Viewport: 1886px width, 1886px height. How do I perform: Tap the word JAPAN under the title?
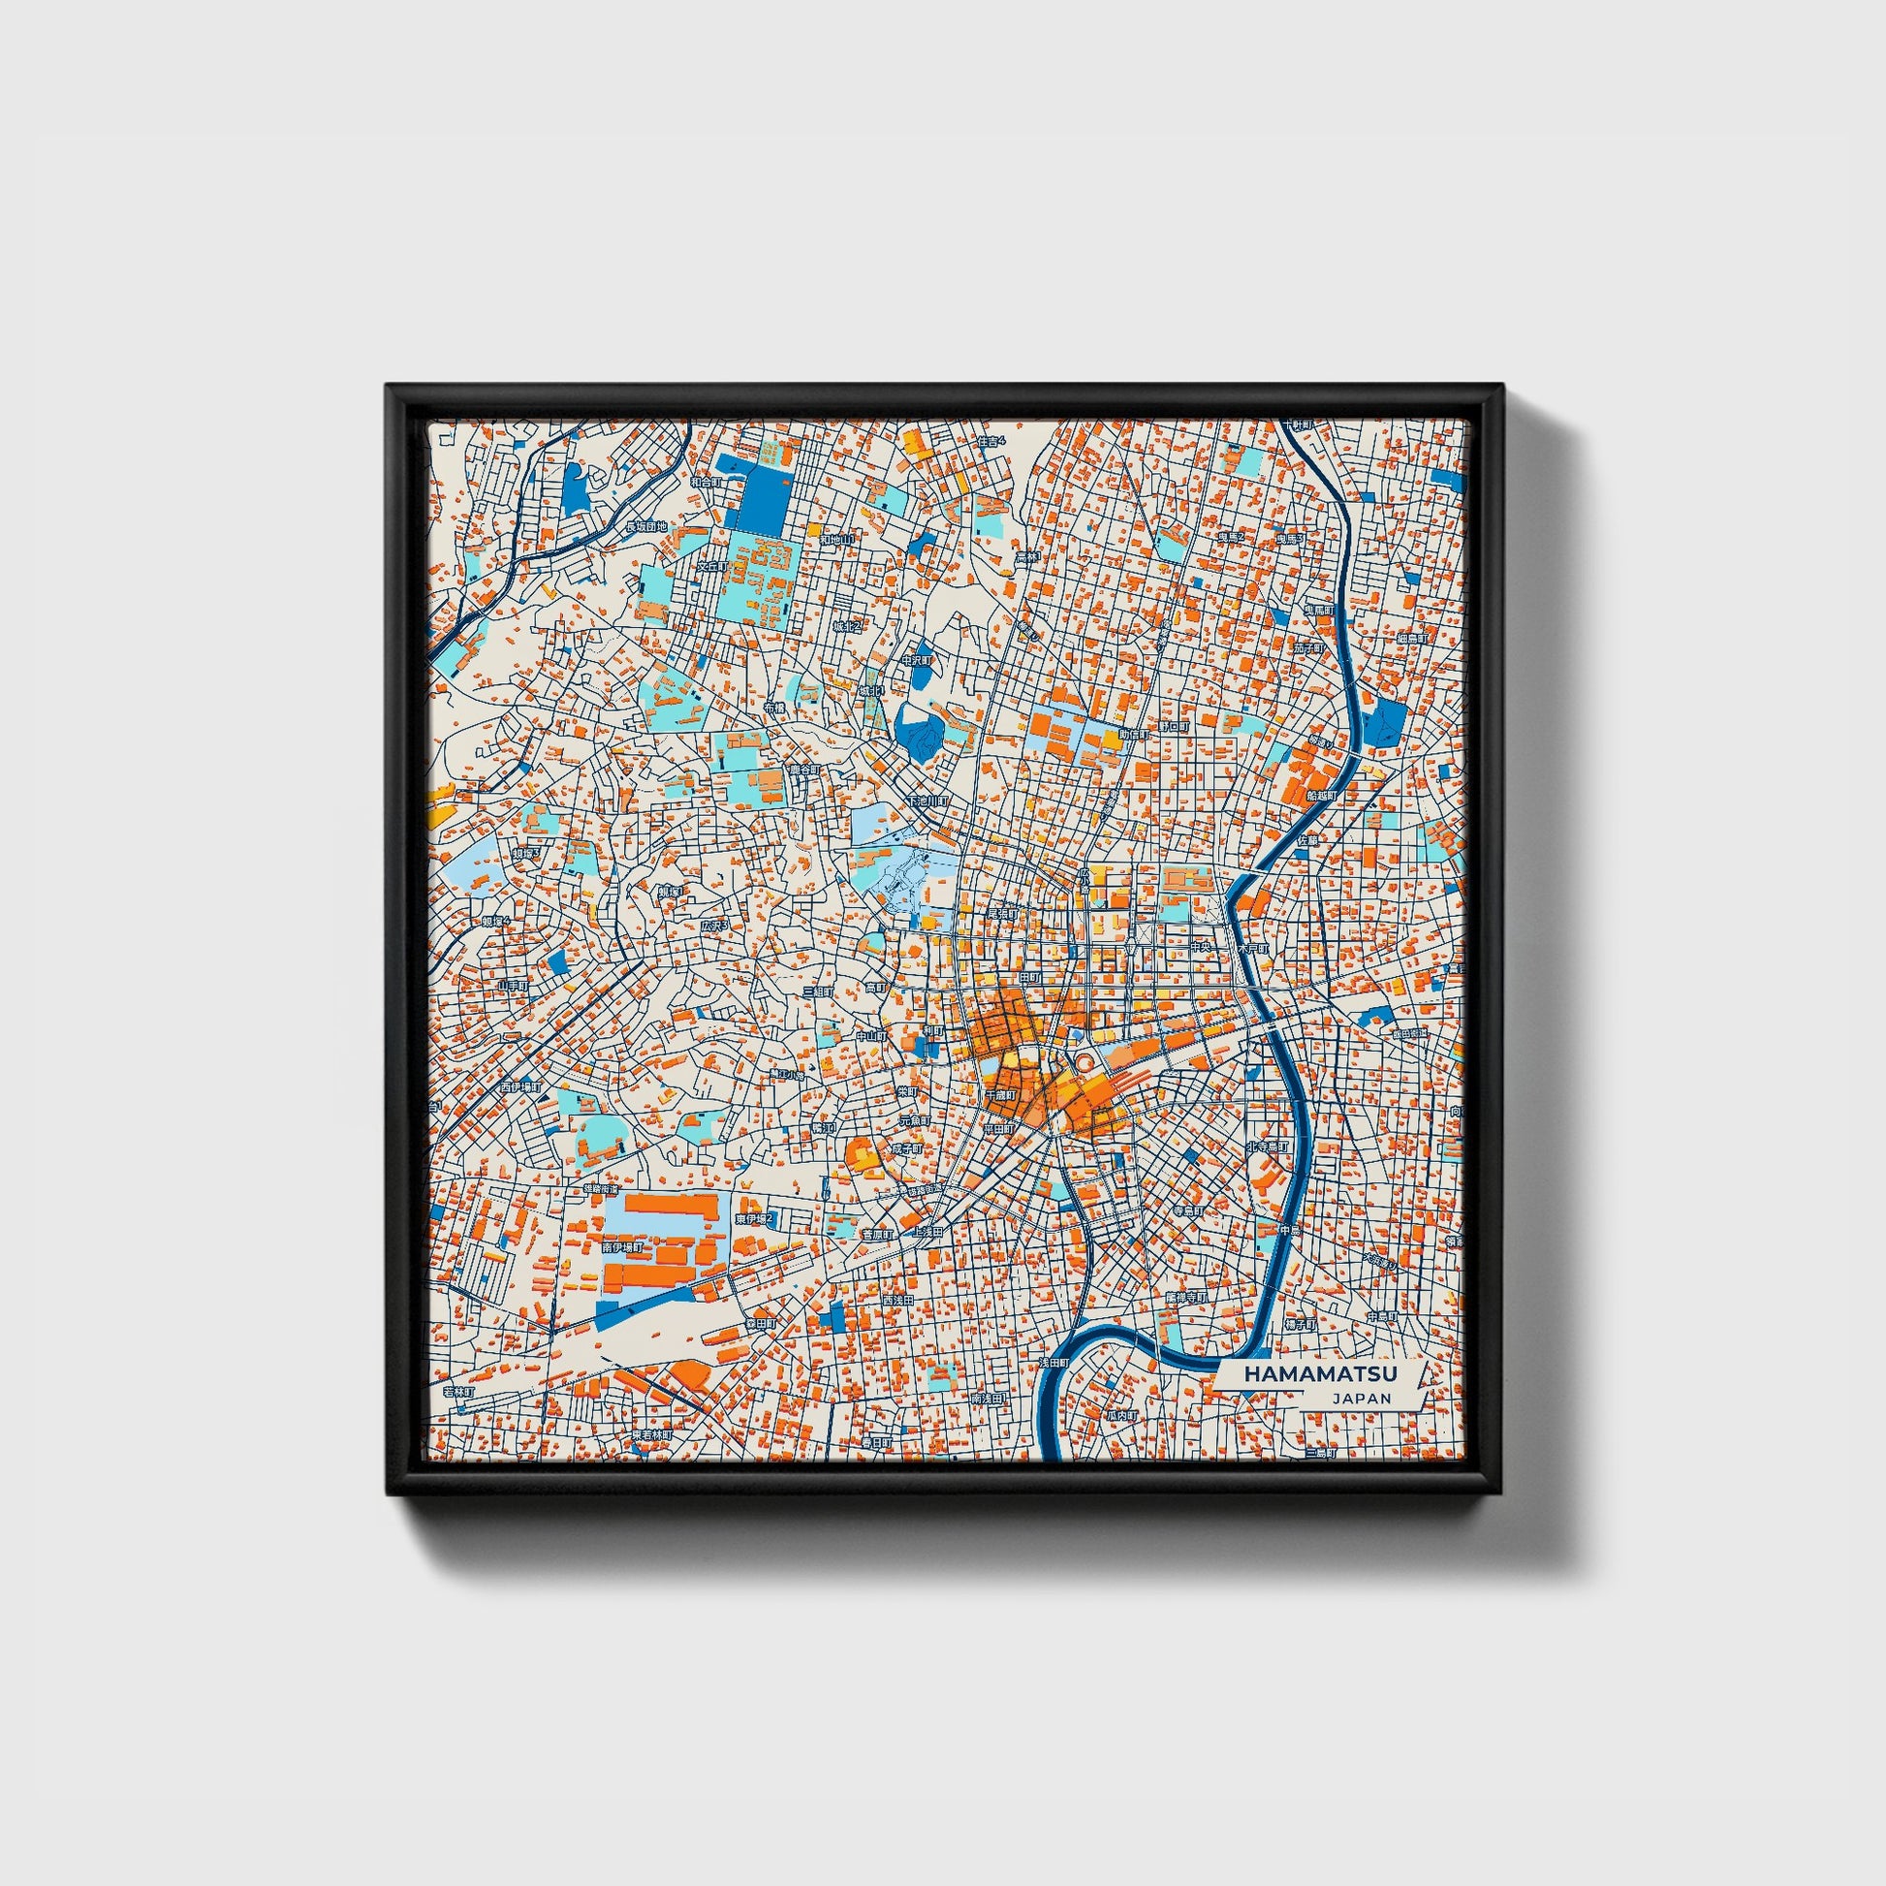(x=1360, y=1398)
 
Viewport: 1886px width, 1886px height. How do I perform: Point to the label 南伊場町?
(x=622, y=1247)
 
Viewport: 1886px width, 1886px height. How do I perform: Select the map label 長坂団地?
(x=645, y=527)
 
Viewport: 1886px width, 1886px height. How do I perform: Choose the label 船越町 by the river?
(x=1321, y=797)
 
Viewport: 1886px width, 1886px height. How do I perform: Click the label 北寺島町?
(x=1267, y=1147)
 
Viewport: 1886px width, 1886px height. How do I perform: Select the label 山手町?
(x=513, y=986)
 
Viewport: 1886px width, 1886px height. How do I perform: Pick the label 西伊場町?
(x=519, y=1086)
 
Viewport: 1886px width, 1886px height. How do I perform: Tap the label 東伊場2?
(x=754, y=1219)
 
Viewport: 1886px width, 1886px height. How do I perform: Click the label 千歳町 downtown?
(x=999, y=1095)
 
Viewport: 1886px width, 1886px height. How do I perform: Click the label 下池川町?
(x=927, y=802)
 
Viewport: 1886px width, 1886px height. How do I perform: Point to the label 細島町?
(x=1412, y=639)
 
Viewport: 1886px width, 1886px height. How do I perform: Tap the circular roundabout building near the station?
(x=1084, y=1061)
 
